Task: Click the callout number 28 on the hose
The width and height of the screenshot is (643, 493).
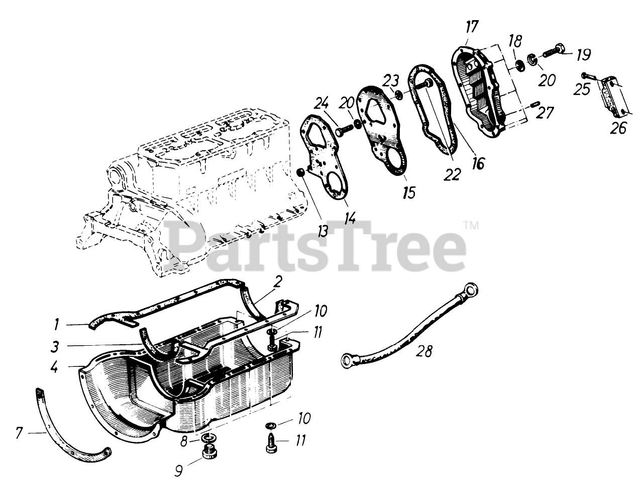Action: click(x=424, y=351)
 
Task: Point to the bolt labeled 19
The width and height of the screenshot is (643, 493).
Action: click(x=555, y=51)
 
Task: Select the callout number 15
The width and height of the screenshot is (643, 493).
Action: click(x=409, y=193)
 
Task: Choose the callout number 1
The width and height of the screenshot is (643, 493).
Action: click(x=58, y=325)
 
